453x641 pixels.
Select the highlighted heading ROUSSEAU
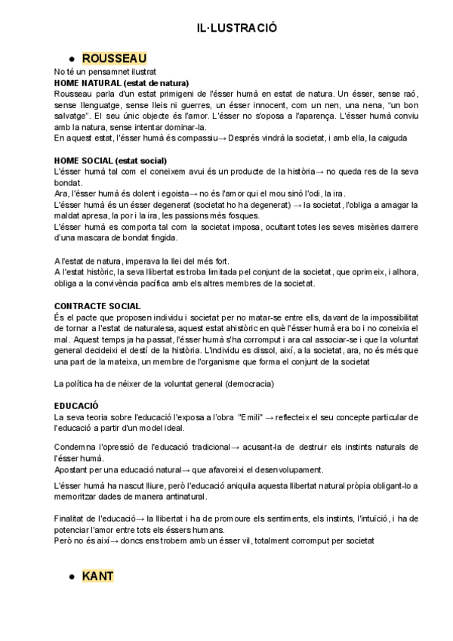click(114, 57)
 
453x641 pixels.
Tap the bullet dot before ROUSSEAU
click(71, 59)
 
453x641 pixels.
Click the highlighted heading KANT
click(98, 576)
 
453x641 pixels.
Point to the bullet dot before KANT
click(71, 578)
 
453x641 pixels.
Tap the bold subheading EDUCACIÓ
click(77, 406)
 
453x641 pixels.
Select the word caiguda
click(387, 138)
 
